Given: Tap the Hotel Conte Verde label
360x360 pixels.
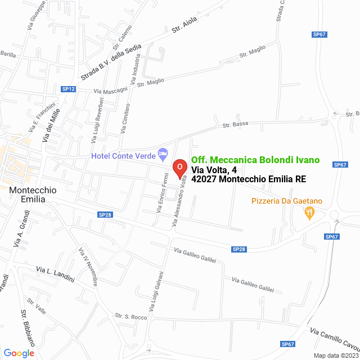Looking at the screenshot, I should click(124, 155).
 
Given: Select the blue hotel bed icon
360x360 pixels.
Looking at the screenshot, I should click(163, 152).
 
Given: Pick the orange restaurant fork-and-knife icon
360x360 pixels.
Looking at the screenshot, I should click(308, 213).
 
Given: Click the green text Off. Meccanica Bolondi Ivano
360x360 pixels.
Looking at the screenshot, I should click(255, 160).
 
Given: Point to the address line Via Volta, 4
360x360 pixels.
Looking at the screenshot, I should click(209, 170).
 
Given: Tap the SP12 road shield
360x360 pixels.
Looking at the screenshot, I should click(69, 89).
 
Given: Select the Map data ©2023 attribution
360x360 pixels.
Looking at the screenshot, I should click(335, 355).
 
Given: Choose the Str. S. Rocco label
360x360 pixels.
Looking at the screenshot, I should click(130, 317).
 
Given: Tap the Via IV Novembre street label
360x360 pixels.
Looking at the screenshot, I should click(89, 267).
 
